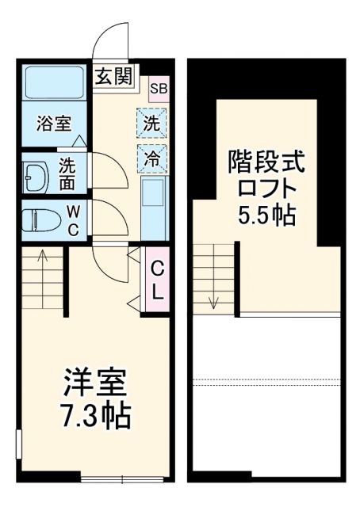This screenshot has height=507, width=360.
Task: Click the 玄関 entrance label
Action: click(x=114, y=77)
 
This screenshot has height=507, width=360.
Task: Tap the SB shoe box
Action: click(x=157, y=88)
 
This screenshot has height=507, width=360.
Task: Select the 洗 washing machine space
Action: click(x=151, y=123)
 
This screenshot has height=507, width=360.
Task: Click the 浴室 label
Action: click(x=54, y=124)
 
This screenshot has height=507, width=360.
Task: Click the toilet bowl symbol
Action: click(x=40, y=218)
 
